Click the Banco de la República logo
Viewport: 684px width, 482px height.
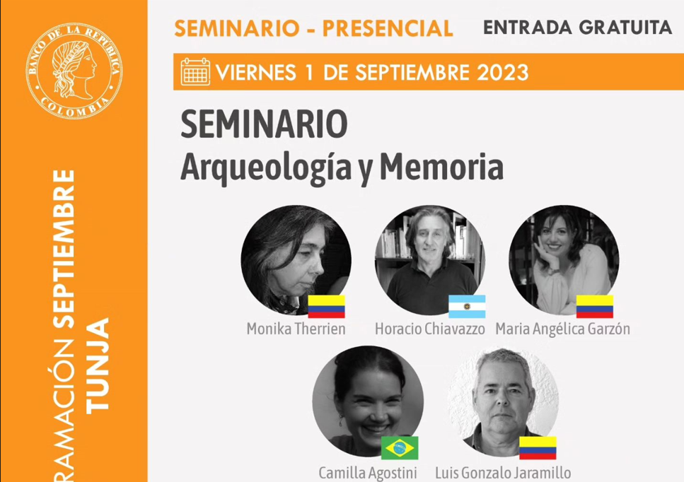(x=74, y=70)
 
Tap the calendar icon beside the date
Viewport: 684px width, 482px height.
(x=195, y=72)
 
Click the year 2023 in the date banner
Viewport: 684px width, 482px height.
(x=502, y=72)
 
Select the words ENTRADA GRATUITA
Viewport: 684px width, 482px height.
(x=577, y=28)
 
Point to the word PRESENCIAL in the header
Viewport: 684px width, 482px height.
(x=388, y=28)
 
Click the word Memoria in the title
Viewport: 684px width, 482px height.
(x=442, y=167)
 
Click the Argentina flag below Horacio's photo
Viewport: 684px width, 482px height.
(x=467, y=306)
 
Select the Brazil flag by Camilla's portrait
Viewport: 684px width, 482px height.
(x=400, y=447)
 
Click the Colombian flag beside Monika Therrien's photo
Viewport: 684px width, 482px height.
(x=326, y=306)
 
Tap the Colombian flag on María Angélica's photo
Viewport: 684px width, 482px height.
(x=595, y=306)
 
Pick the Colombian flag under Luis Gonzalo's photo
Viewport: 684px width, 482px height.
(x=538, y=447)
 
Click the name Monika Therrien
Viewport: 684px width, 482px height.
(x=296, y=329)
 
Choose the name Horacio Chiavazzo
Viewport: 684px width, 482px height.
(x=429, y=329)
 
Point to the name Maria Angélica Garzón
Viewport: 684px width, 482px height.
(x=563, y=329)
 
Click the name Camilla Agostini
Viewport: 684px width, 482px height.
(x=368, y=472)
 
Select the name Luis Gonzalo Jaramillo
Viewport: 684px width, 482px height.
(x=503, y=472)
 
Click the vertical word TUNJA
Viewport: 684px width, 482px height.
(x=98, y=365)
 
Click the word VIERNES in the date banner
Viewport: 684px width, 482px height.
(x=255, y=72)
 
